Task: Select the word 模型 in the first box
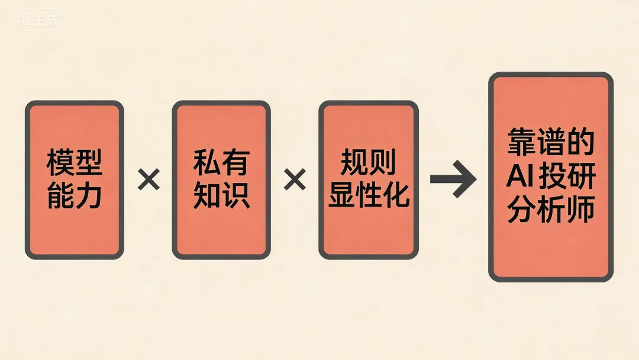tap(75, 163)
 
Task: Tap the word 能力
tap(75, 195)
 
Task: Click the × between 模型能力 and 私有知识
tap(149, 179)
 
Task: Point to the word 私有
tap(221, 163)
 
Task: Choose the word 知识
tap(221, 195)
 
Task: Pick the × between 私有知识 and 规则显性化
tap(295, 179)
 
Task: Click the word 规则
tap(369, 163)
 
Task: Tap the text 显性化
tap(369, 195)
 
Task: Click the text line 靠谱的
tap(551, 143)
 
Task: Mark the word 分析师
tap(551, 210)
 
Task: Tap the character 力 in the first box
tap(89, 195)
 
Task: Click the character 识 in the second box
tap(235, 195)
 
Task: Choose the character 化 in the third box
tap(396, 195)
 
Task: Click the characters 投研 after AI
tap(566, 177)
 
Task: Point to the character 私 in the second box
tap(207, 163)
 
